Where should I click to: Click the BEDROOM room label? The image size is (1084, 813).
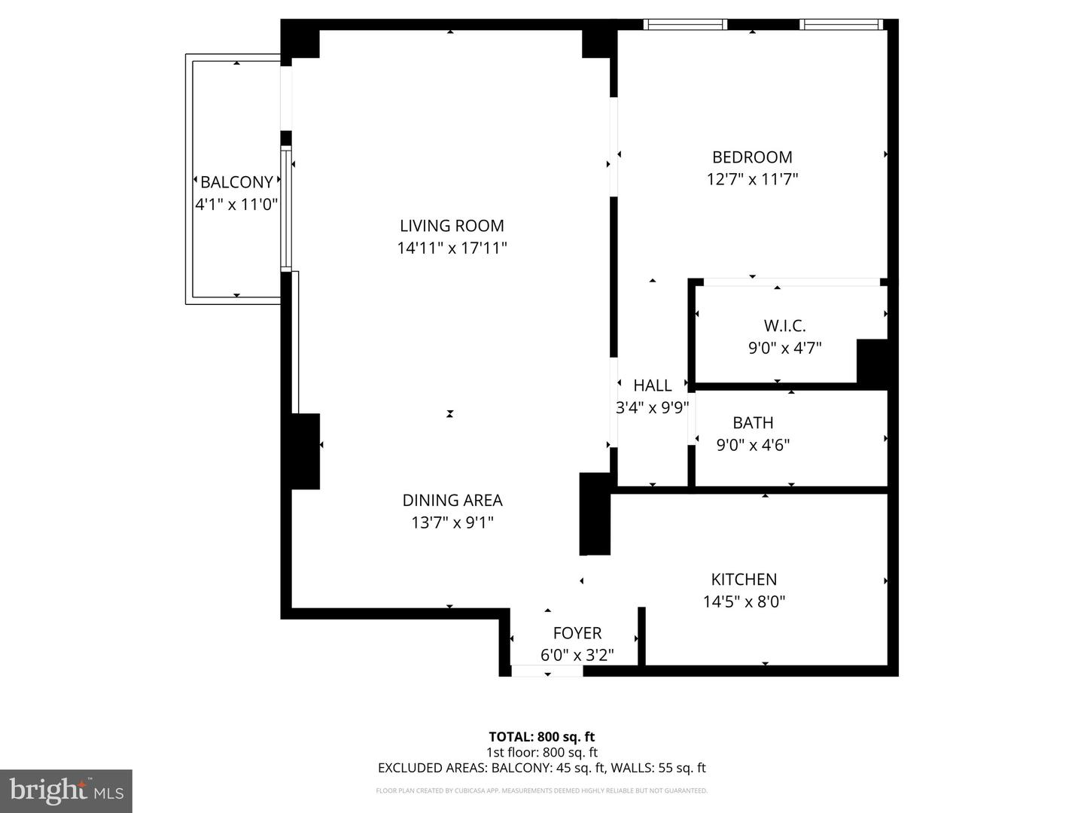pos(752,157)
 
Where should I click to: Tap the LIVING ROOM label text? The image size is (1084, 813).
pos(452,226)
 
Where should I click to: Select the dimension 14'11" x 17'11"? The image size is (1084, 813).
pos(452,248)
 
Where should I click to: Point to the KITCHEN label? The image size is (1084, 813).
pos(744,580)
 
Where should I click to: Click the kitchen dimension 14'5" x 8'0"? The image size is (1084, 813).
pos(744,601)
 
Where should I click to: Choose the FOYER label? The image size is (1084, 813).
pos(577,633)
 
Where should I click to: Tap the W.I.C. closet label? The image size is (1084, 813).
pos(784,326)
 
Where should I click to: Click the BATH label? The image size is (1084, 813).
pos(753,423)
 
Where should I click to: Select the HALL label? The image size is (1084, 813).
pos(652,385)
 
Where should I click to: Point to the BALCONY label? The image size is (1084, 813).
pos(236,182)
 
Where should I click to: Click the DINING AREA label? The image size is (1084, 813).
pos(452,501)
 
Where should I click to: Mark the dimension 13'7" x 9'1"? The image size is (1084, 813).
pos(452,522)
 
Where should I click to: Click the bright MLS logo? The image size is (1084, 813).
pos(66,790)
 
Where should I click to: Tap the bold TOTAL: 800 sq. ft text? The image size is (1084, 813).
pos(541,737)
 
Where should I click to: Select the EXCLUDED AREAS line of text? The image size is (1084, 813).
pos(541,768)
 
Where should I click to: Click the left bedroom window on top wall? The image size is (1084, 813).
pos(685,25)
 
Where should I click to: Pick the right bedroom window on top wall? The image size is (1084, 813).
pos(841,25)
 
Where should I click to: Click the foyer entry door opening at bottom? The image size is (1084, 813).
pos(547,671)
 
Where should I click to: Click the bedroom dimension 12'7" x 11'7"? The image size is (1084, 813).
pos(752,179)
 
